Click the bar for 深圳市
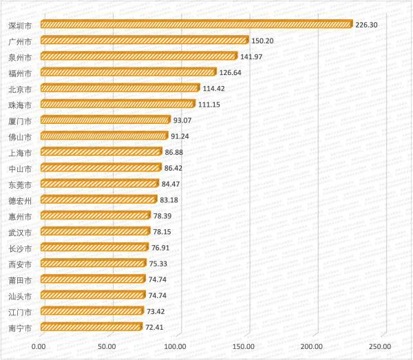click(x=196, y=24)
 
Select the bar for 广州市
click(x=145, y=40)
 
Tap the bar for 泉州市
click(x=138, y=56)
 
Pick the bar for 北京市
click(x=120, y=87)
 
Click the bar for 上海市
click(x=100, y=151)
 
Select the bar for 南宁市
click(x=91, y=327)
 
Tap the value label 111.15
click(x=213, y=104)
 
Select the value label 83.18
click(x=172, y=200)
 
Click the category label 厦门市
click(x=19, y=120)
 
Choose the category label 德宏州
click(x=19, y=200)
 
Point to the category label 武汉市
click(x=19, y=231)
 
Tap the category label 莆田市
click(x=19, y=279)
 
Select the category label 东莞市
click(x=19, y=184)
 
